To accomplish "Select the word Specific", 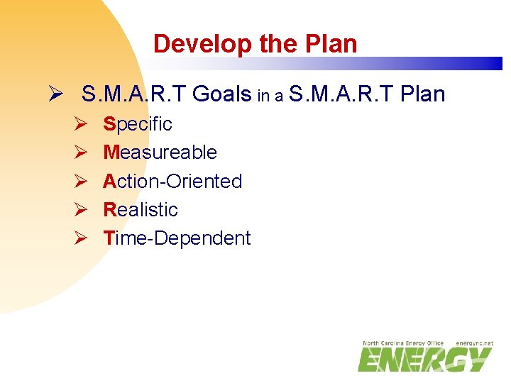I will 138,124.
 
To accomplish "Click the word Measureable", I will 160,152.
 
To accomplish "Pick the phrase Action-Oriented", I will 172,181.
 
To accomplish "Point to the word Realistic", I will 141,210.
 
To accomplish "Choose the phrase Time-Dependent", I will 177,238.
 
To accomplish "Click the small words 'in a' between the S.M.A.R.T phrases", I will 270,96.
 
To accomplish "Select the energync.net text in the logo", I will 474,343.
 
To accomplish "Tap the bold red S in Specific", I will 109,124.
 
